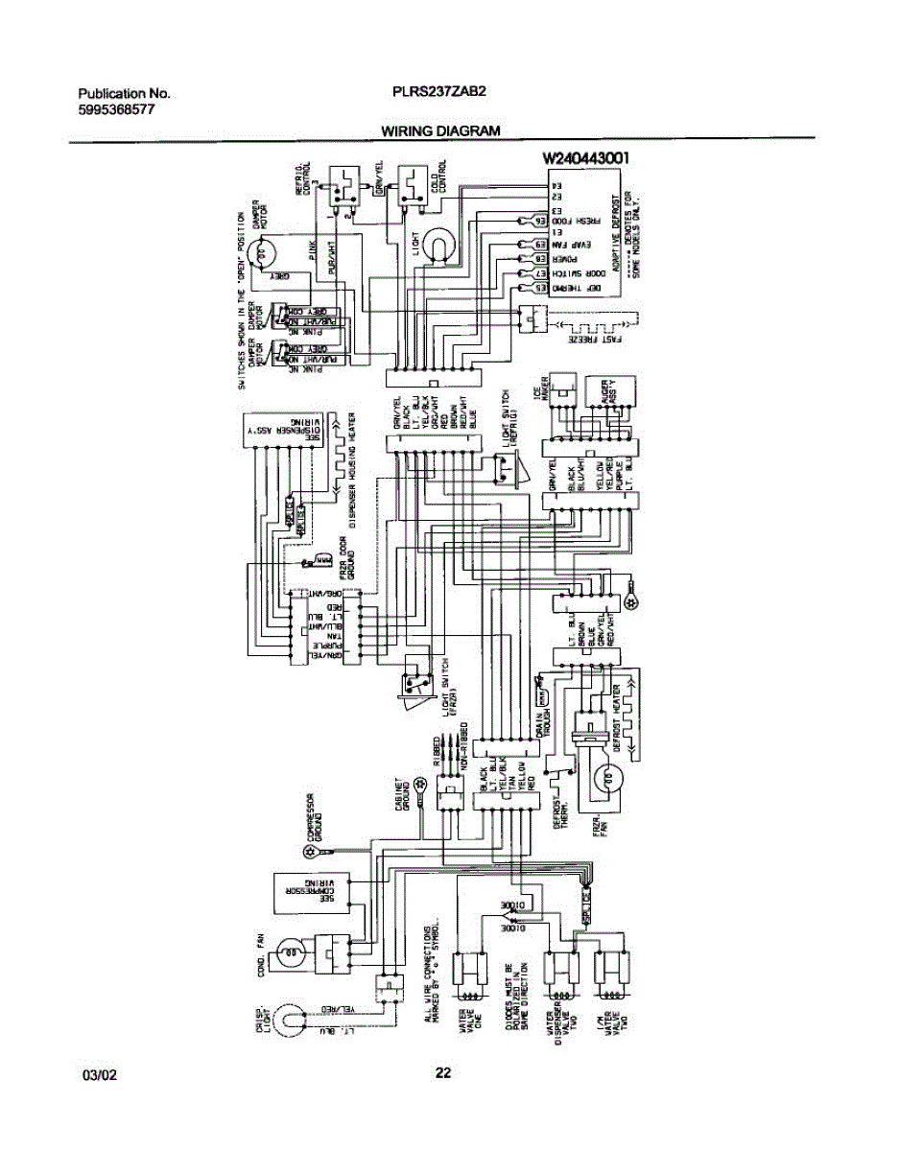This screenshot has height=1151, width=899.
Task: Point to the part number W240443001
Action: (x=585, y=159)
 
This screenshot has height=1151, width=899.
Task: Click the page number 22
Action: (x=442, y=1073)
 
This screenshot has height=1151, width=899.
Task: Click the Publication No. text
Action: (x=123, y=94)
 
